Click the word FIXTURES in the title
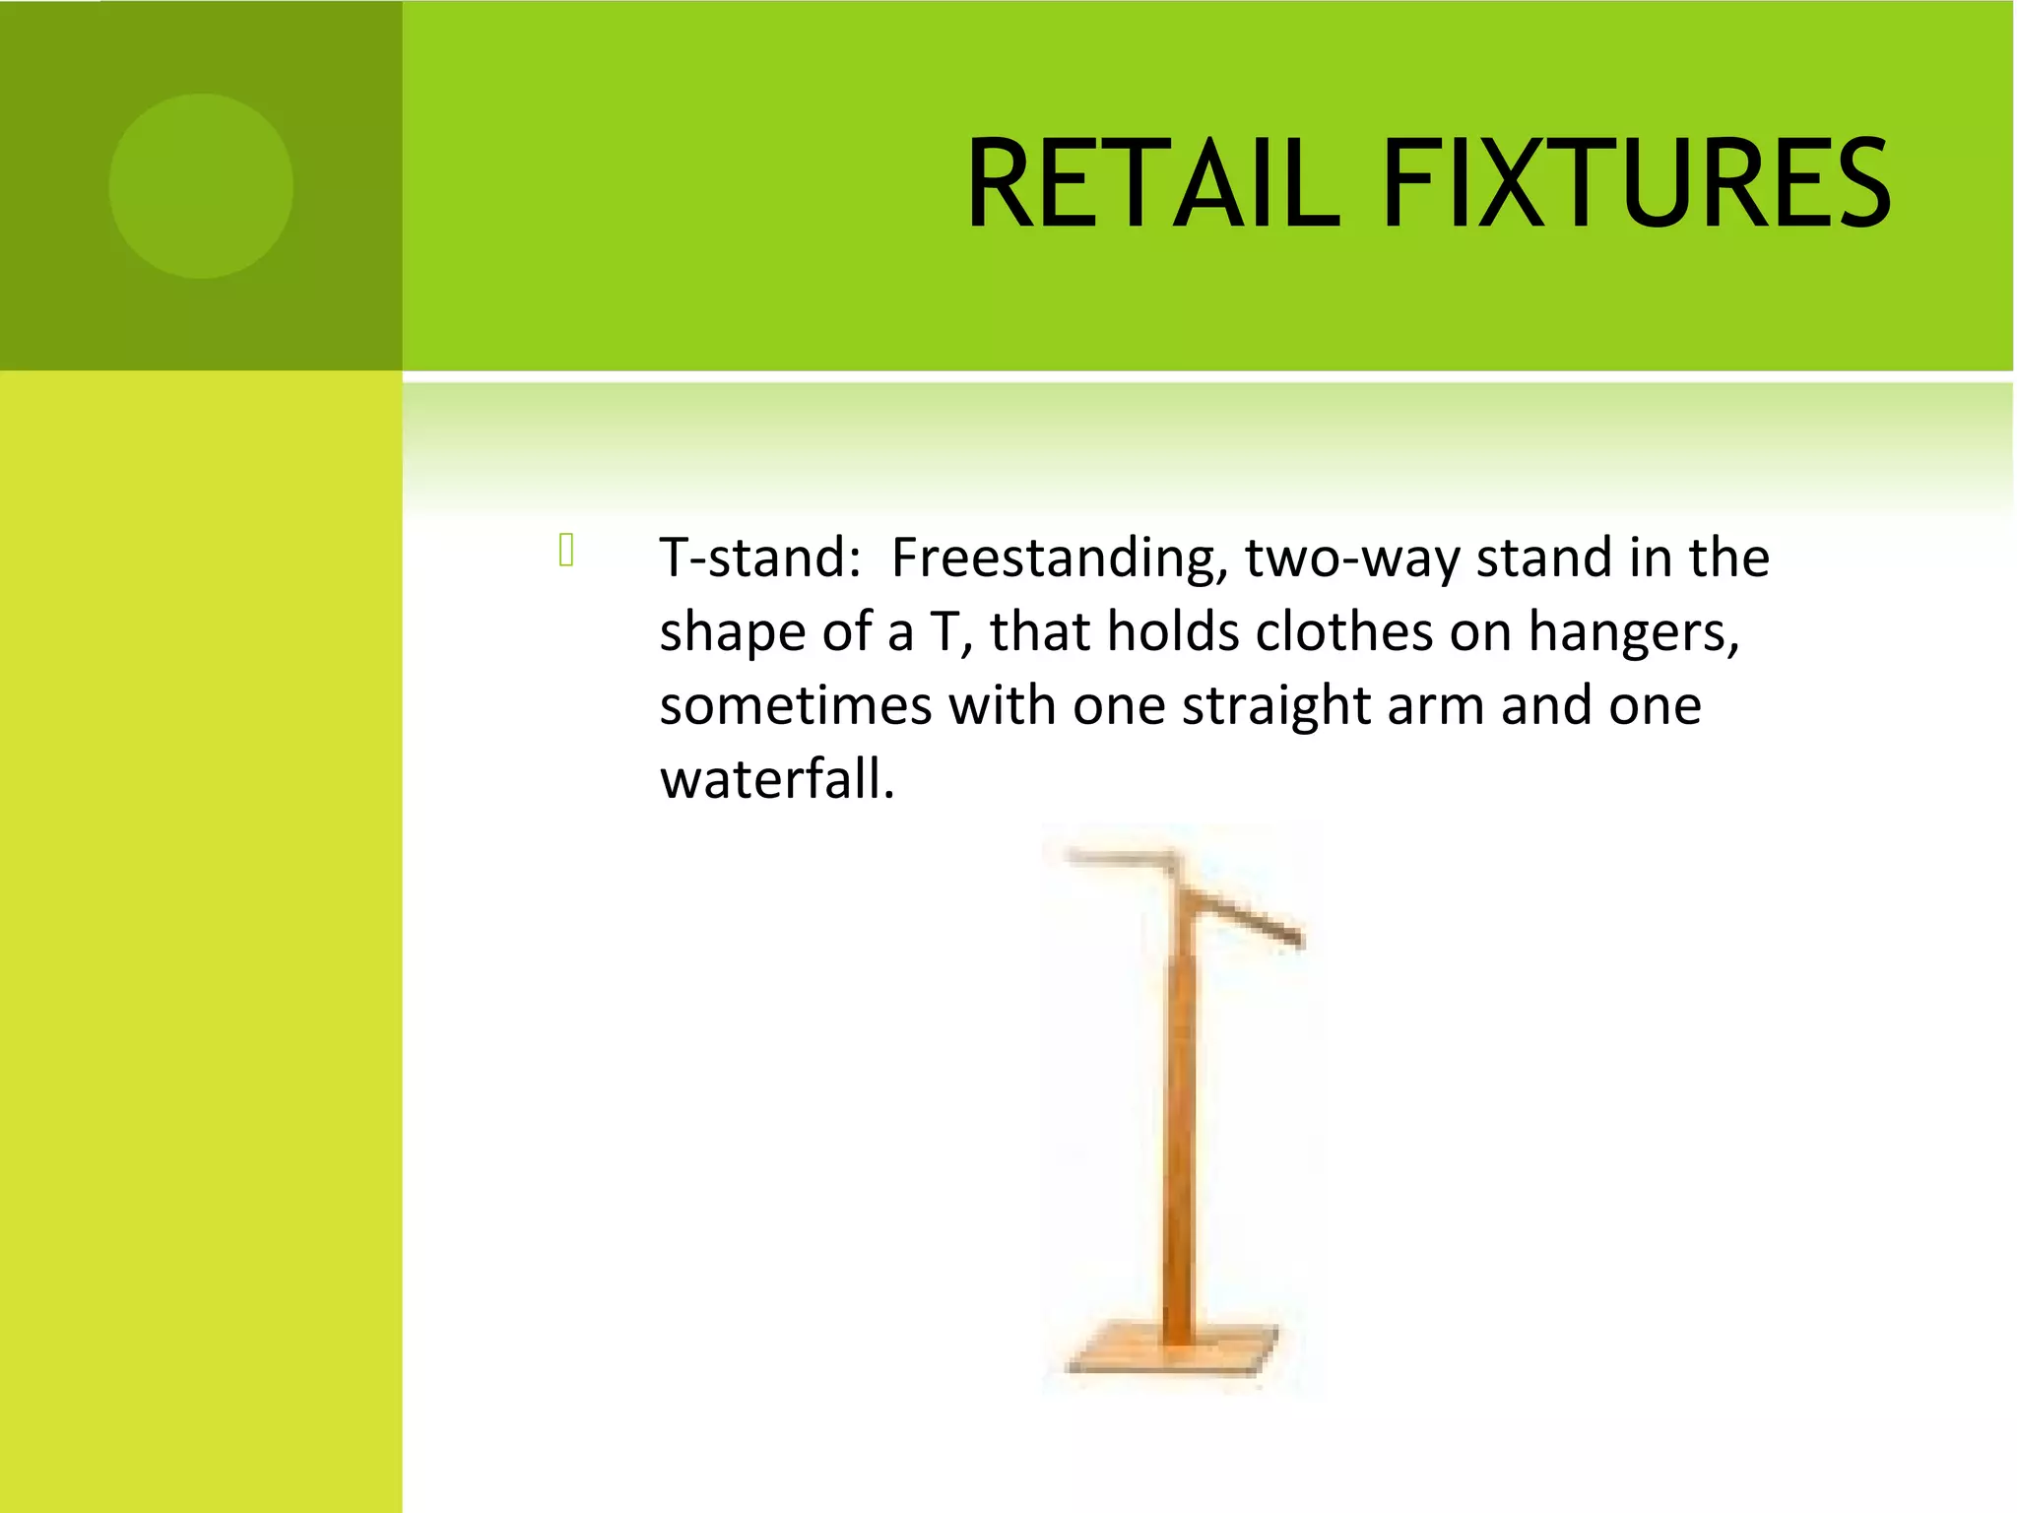pos(1635,184)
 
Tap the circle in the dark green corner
pos(201,185)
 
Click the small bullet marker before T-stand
pos(566,550)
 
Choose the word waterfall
pos(776,780)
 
